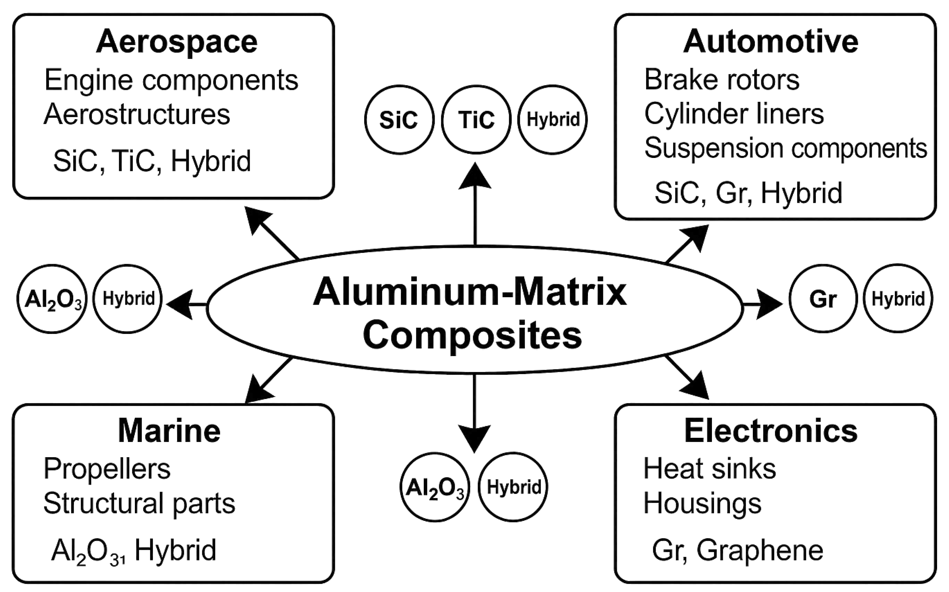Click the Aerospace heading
177,42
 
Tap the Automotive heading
771,42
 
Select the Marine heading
169,431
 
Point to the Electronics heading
771,431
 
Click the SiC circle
399,119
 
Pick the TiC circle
476,119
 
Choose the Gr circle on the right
823,299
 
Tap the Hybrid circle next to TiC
553,119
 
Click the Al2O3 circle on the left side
52,299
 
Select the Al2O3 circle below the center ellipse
435,487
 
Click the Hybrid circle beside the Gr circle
898,299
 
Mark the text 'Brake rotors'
721,79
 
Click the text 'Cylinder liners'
734,114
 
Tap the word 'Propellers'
107,469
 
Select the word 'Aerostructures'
137,114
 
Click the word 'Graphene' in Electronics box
760,550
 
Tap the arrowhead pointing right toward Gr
768,304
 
